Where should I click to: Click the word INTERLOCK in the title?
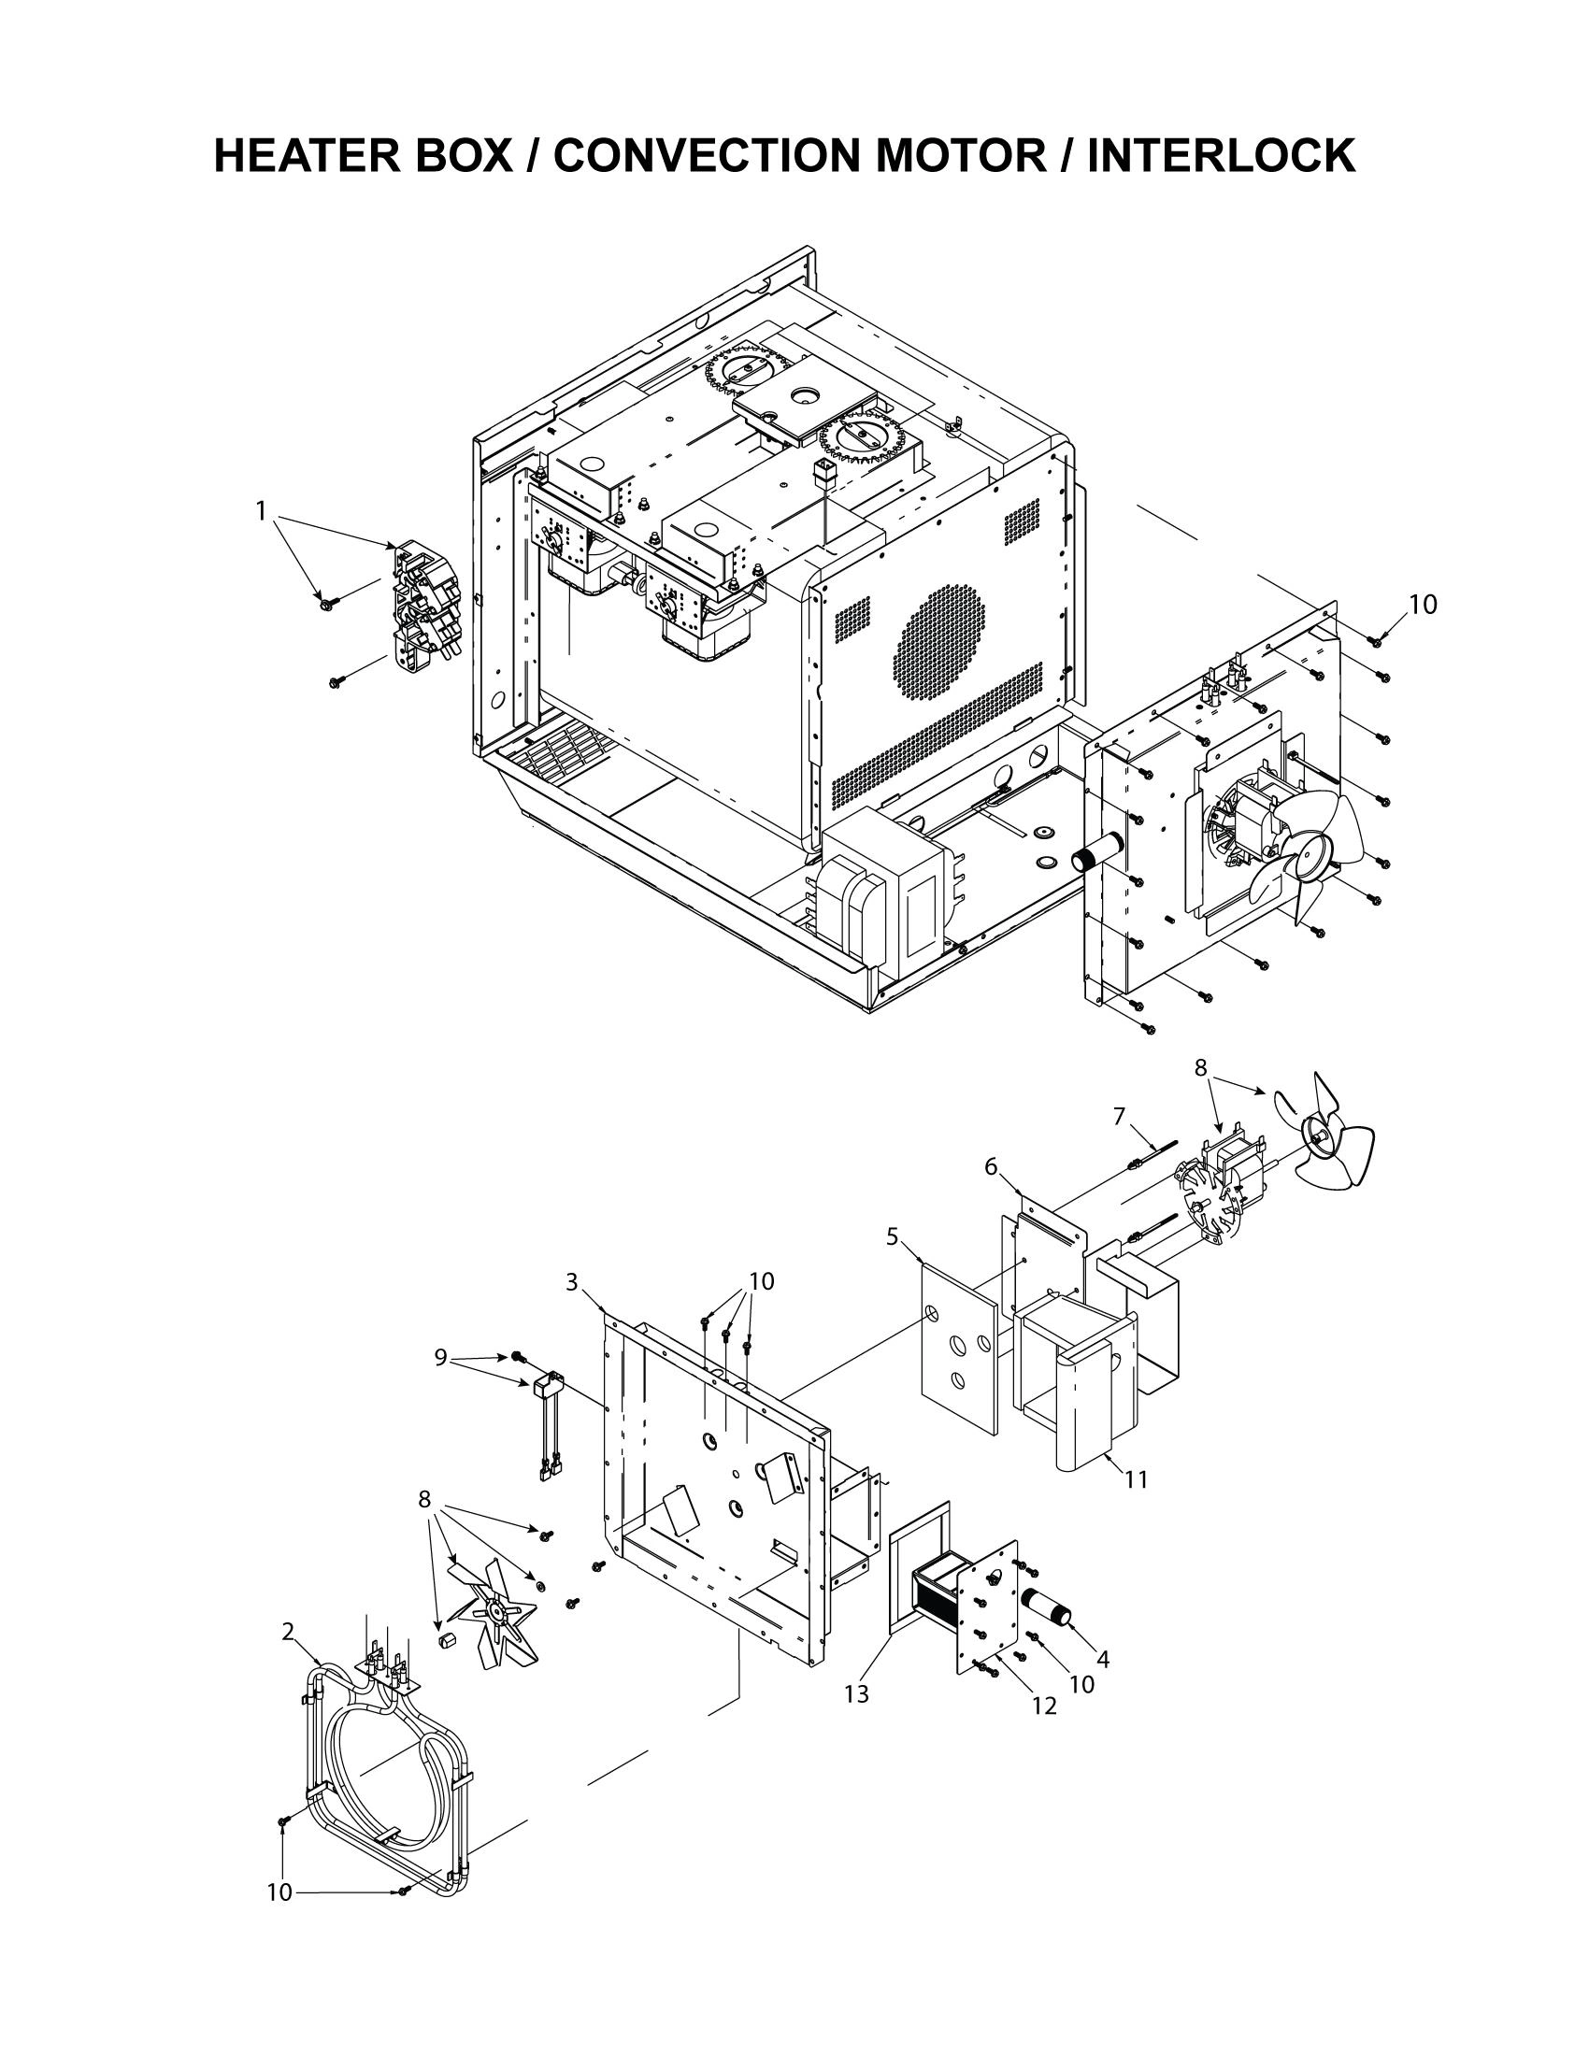coord(1221,155)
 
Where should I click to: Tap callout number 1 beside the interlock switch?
coord(261,510)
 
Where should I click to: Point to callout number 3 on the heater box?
coord(571,1282)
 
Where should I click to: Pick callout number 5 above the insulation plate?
coord(893,1236)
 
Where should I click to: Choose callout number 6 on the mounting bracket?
coord(991,1166)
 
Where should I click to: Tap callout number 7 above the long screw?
coord(1119,1116)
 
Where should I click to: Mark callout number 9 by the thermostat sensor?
coord(440,1357)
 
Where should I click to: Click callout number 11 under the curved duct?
coord(1137,1480)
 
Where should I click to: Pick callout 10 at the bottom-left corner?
coord(279,1892)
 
